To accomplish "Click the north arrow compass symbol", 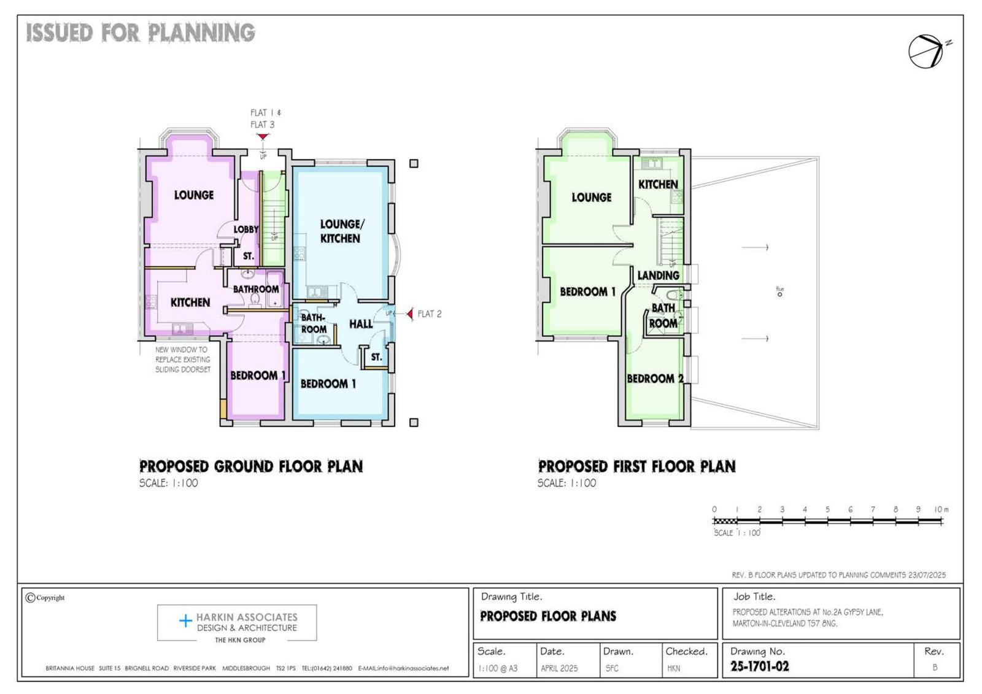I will [x=926, y=52].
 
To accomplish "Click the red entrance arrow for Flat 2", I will [x=409, y=314].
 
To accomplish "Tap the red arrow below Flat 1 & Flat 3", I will [x=263, y=136].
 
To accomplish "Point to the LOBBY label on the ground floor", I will [x=245, y=229].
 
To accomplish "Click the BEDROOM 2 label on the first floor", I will [x=654, y=379].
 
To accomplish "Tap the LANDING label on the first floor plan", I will [x=658, y=276].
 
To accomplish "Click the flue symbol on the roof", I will [x=779, y=294].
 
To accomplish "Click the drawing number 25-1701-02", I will [x=759, y=666].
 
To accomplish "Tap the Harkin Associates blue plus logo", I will [x=185, y=621].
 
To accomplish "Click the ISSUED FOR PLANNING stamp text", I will [x=141, y=33].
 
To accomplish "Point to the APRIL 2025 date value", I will [x=559, y=668].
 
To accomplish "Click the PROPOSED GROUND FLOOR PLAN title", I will [x=251, y=466].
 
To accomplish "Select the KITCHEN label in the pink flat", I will [x=190, y=302].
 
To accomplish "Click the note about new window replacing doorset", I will [x=182, y=360].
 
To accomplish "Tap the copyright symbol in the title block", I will [x=30, y=598].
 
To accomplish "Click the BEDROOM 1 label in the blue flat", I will [x=328, y=384].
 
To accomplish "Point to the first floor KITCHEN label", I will [x=658, y=184].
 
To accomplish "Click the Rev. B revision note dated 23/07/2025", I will [x=838, y=575].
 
